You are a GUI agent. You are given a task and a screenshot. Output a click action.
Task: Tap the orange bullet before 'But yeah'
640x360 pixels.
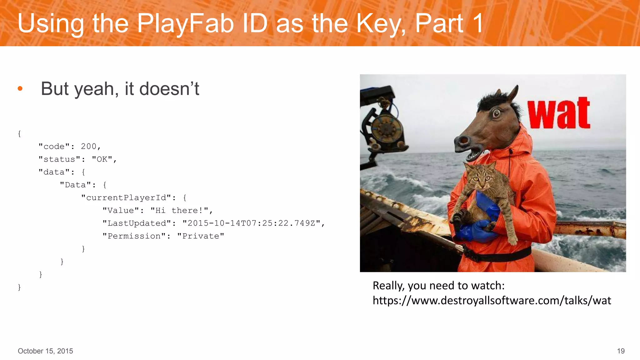[x=20, y=89]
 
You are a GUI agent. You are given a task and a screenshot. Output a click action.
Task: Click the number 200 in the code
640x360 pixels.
[x=89, y=146]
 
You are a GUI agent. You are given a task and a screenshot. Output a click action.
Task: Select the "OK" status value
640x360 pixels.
[x=102, y=159]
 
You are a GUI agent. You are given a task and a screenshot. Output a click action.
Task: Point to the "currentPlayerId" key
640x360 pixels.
[x=126, y=197]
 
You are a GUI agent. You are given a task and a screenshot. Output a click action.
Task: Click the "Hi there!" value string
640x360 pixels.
[x=179, y=210]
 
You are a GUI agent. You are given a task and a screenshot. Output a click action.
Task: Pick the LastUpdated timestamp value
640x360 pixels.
[x=251, y=223]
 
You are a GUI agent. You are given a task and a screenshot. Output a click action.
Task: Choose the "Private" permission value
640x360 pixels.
[x=201, y=236]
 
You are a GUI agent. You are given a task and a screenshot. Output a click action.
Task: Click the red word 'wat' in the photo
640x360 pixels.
[x=559, y=113]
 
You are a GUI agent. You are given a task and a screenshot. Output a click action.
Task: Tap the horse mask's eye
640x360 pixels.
[x=496, y=113]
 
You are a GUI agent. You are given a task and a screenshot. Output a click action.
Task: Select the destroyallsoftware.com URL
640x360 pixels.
[x=492, y=301]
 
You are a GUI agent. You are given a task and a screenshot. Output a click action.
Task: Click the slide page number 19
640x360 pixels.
[x=621, y=351]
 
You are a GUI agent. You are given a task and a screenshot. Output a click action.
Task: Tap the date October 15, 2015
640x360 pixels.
[x=45, y=351]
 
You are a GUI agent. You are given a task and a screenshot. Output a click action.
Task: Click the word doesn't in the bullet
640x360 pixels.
[x=169, y=89]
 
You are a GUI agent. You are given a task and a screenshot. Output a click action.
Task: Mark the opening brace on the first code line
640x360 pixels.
[x=19, y=134]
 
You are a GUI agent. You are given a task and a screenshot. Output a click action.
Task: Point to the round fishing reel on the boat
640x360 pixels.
[x=386, y=129]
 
